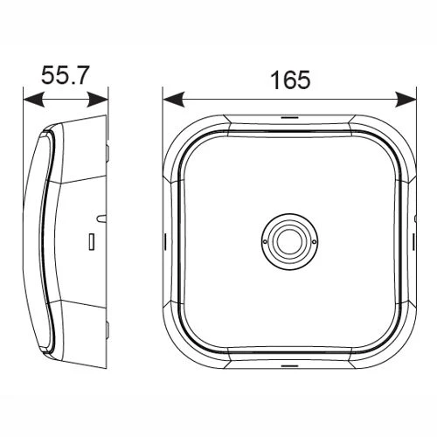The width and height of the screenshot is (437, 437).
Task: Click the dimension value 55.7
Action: click(x=64, y=75)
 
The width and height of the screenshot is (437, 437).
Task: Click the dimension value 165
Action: click(x=290, y=80)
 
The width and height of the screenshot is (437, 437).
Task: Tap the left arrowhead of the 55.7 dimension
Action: click(x=34, y=100)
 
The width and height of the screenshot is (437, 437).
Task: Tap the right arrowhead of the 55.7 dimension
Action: click(x=97, y=100)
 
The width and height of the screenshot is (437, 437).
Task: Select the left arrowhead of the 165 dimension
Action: click(x=174, y=99)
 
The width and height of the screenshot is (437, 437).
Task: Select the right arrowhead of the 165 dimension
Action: click(x=406, y=99)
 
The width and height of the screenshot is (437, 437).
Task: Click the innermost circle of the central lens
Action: click(x=290, y=242)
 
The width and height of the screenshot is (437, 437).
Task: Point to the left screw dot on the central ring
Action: click(x=265, y=242)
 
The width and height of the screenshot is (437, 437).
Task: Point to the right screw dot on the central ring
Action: click(x=314, y=241)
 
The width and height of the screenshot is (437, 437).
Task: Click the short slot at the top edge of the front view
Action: click(x=289, y=118)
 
